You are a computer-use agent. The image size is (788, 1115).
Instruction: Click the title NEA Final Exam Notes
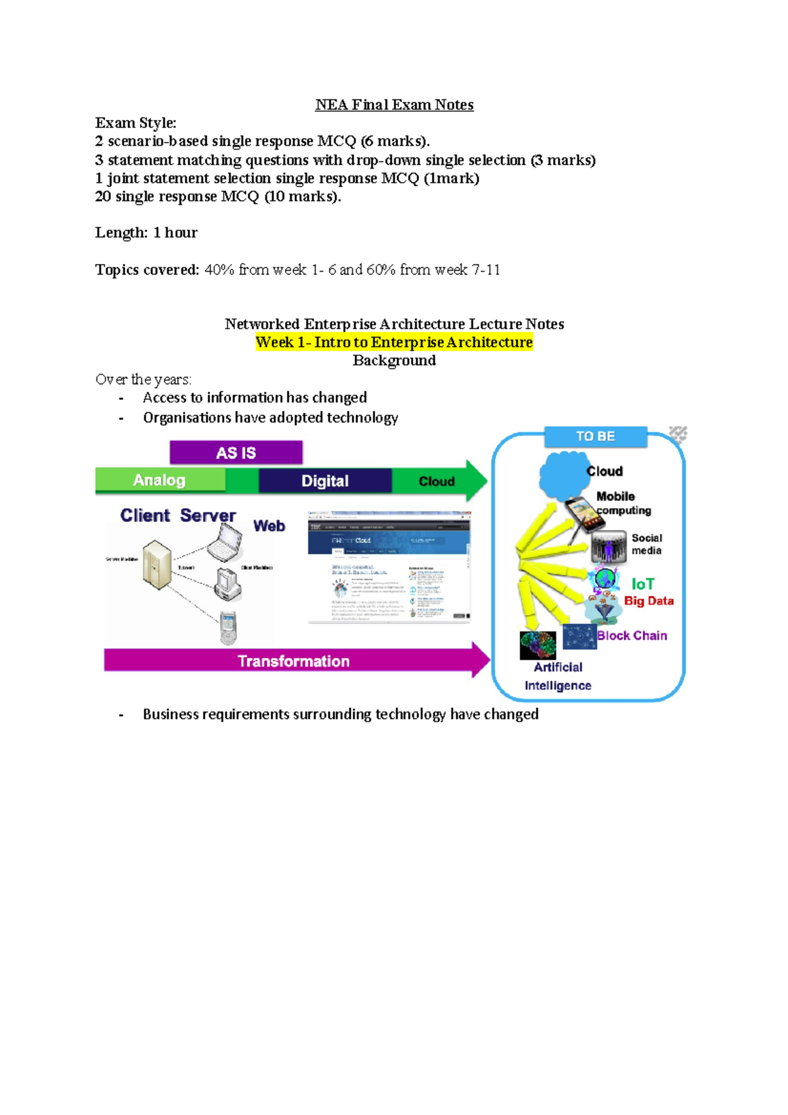coord(394,105)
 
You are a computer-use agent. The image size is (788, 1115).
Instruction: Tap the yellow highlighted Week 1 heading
coord(394,342)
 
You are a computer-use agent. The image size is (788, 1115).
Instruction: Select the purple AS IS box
coord(236,452)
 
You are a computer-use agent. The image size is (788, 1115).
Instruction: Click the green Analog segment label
coord(160,480)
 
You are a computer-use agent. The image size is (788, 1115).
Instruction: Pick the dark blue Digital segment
coord(325,481)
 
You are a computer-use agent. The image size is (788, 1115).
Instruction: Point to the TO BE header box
coord(595,437)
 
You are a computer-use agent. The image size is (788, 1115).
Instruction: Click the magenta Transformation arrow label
coord(294,661)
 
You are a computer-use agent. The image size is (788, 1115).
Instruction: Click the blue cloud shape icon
coord(561,475)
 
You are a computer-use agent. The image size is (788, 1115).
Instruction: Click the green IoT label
coord(643,584)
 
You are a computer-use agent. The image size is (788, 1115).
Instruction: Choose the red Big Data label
coord(648,601)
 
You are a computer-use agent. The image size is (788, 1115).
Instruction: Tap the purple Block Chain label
coord(632,636)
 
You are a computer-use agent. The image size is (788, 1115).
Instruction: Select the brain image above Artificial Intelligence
coord(537,645)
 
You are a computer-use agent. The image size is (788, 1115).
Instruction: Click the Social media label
coord(647,544)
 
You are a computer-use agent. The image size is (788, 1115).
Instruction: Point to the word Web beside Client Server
coord(269,526)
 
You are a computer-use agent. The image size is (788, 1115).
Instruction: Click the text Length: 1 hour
coord(146,232)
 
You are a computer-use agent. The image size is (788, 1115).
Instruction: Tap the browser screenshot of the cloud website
coord(389,567)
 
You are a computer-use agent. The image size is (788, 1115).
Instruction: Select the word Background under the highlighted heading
coord(394,361)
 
